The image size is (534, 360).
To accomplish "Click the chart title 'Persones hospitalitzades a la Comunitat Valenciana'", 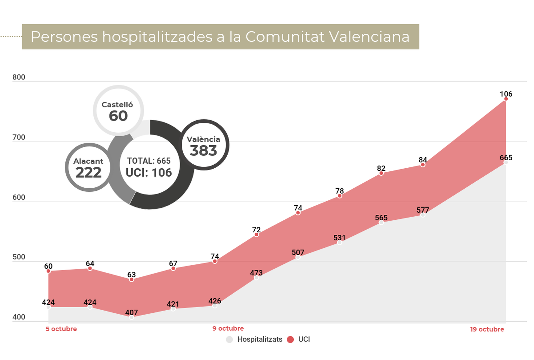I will tap(220, 37).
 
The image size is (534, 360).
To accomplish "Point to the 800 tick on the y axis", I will tap(19, 77).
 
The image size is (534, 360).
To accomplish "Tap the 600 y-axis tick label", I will tap(19, 197).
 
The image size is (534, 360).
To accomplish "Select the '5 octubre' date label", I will tap(61, 329).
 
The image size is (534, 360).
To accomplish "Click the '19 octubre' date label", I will tap(487, 329).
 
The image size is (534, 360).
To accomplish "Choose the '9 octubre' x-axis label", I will tap(228, 329).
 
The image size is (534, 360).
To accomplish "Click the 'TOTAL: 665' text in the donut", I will tap(149, 161).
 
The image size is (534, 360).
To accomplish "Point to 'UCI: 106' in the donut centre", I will tap(149, 173).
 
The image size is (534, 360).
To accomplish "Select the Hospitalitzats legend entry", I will tap(255, 339).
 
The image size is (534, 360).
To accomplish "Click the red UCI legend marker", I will tap(290, 339).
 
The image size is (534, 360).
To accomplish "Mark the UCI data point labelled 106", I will tap(506, 99).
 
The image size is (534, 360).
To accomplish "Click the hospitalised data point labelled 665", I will tap(506, 162).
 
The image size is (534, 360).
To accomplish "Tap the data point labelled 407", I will tap(131, 317).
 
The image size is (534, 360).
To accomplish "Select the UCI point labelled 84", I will tap(423, 165).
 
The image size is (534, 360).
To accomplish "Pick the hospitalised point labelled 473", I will tap(256, 278).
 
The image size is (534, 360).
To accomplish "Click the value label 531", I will tap(339, 238).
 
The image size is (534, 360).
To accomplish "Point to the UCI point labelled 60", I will tap(48, 271).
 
